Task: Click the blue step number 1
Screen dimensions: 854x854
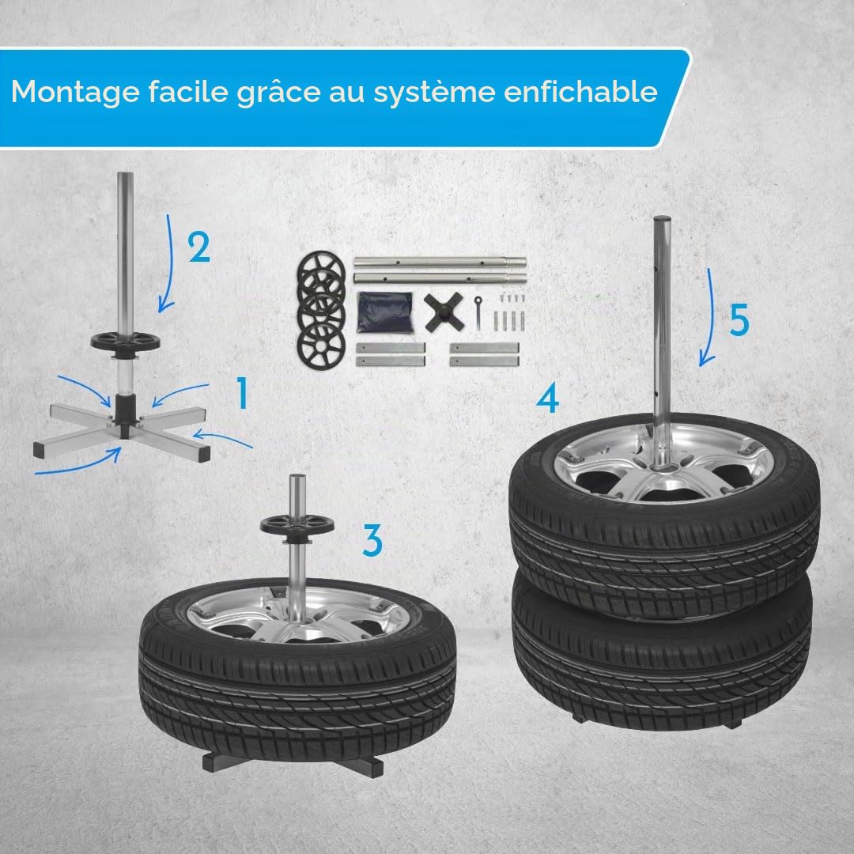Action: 243,394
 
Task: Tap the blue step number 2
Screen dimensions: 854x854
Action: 199,248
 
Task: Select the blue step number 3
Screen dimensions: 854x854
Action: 372,541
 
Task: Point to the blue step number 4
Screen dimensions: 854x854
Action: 547,398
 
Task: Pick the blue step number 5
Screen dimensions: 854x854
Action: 739,319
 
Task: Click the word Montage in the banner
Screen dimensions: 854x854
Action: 75,92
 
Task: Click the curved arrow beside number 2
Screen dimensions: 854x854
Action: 171,264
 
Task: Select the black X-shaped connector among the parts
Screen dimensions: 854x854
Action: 444,312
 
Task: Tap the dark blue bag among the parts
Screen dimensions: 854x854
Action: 385,312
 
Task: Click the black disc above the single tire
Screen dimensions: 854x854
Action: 297,527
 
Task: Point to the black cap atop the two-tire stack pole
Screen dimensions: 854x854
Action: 662,219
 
